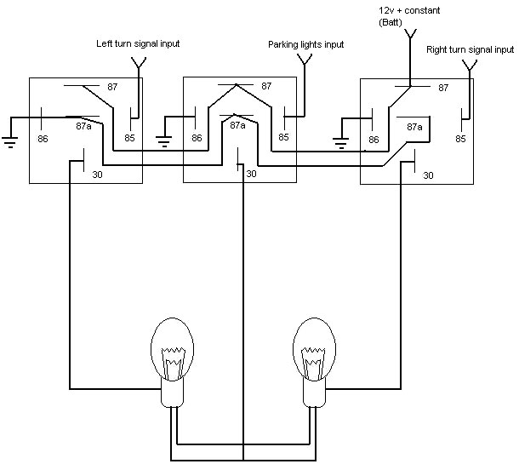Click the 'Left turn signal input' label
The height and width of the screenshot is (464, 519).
(x=138, y=43)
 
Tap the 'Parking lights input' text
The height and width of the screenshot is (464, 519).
(x=305, y=45)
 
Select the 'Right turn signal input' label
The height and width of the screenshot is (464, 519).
(x=470, y=50)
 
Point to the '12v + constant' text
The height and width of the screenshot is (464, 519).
(x=409, y=10)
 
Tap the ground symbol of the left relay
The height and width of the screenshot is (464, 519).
(x=10, y=141)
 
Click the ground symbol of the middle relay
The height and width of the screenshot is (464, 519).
(x=164, y=141)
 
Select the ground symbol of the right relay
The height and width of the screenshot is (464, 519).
(x=341, y=143)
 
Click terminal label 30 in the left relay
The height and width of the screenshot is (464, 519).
(x=97, y=175)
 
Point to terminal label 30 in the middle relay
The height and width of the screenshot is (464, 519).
(x=251, y=174)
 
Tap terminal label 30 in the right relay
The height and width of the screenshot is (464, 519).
(x=428, y=175)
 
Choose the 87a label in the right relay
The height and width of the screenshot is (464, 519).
(x=414, y=127)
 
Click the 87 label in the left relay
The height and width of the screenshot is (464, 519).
(x=112, y=87)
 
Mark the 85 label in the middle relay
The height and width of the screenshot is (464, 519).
(x=283, y=137)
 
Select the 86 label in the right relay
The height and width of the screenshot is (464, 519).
(x=374, y=140)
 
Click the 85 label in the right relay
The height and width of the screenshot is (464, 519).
(x=460, y=139)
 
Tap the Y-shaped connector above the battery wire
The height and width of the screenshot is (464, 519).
(x=410, y=34)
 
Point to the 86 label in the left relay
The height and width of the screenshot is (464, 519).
(x=43, y=139)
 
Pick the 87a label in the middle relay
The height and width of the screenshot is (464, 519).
(x=237, y=125)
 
